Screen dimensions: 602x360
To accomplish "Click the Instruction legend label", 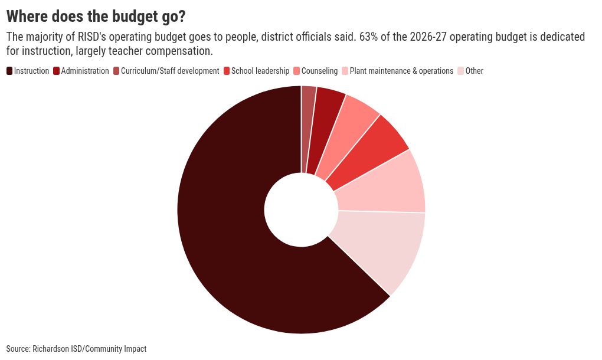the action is (31, 71).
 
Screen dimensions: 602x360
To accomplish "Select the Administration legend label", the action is (85, 71).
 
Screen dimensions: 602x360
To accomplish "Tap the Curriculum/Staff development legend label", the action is (170, 71).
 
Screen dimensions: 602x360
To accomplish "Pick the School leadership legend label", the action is (260, 71).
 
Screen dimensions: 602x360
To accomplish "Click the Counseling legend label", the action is (319, 71).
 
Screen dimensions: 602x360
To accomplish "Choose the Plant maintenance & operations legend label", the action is (401, 71).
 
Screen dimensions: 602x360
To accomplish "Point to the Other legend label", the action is (474, 71).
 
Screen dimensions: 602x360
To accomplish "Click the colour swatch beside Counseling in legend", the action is (296, 71).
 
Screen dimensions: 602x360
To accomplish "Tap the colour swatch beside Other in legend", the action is (461, 71).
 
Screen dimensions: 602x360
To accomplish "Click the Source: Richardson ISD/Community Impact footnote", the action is (76, 349).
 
